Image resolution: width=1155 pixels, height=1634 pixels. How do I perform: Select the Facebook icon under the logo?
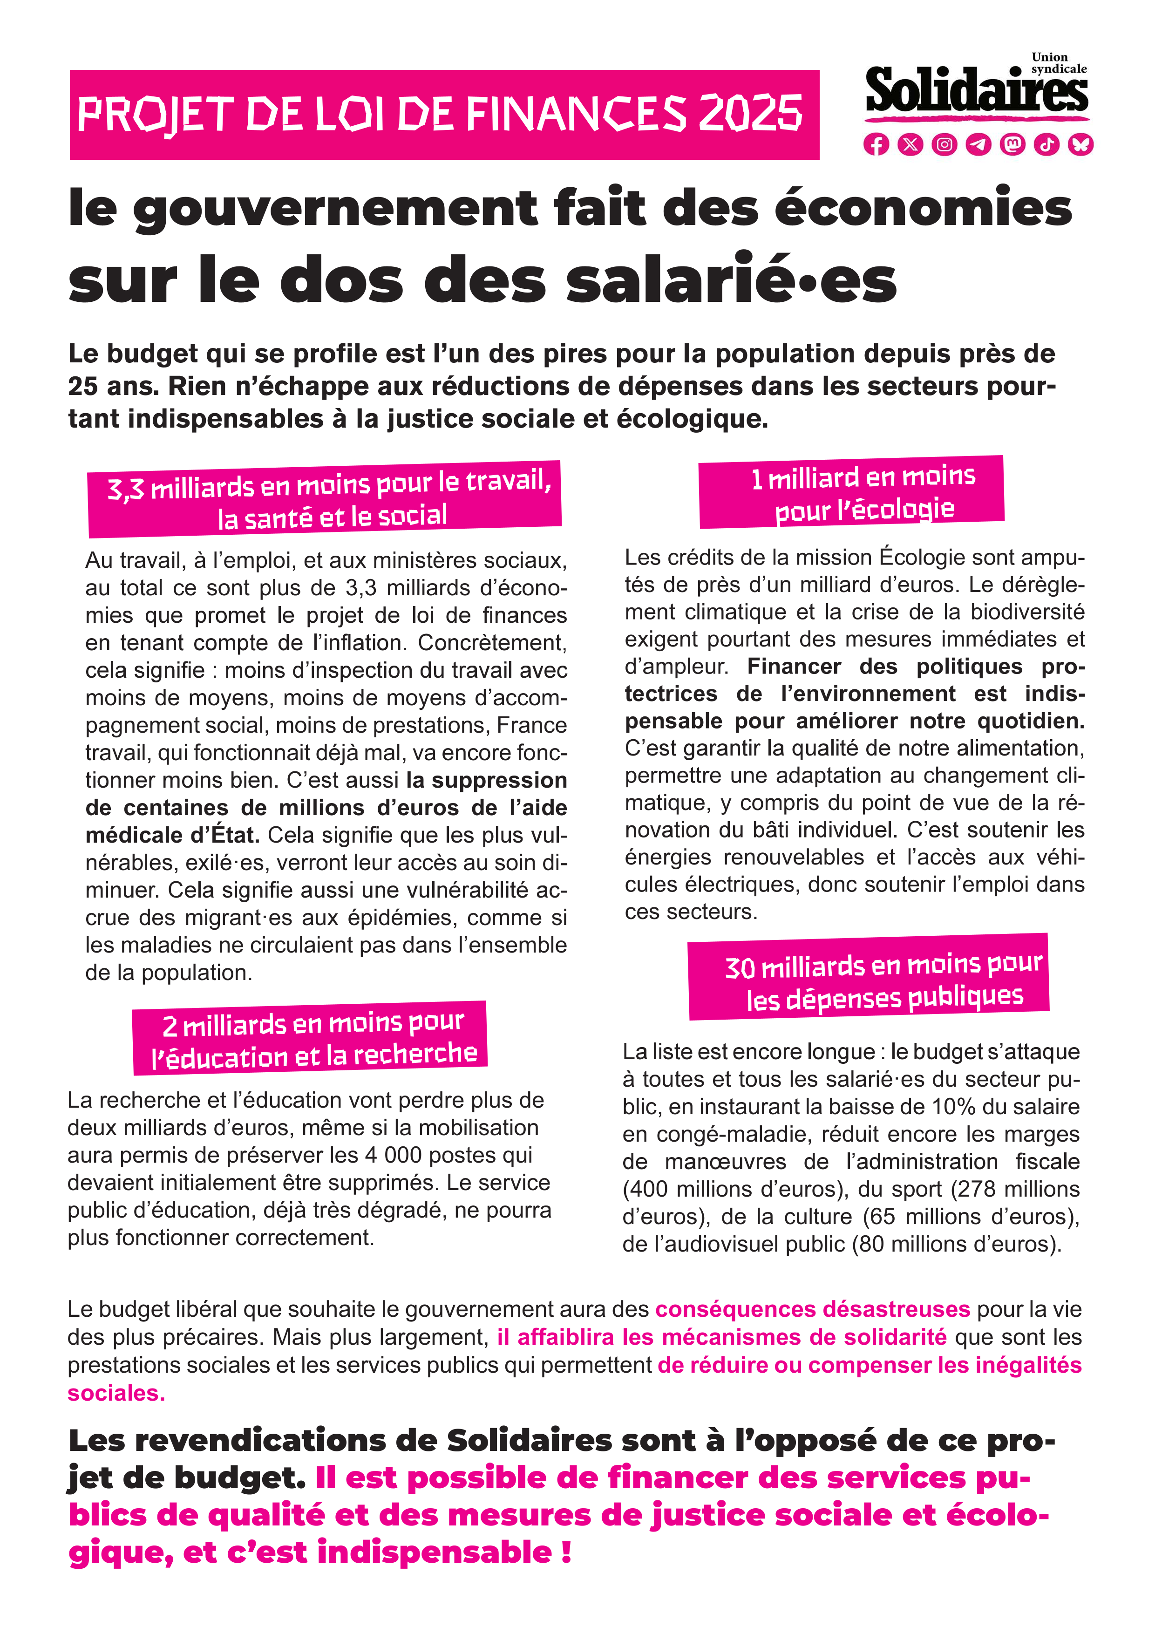[x=876, y=144]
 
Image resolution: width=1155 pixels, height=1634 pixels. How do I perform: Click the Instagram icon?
[x=944, y=144]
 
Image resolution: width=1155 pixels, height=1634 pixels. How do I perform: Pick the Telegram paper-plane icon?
[x=978, y=144]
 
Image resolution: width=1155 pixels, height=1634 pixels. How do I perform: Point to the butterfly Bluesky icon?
[x=1080, y=144]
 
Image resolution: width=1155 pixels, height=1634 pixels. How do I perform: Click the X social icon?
[x=910, y=144]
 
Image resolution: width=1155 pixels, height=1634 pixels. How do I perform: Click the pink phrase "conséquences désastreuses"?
[x=812, y=1309]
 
